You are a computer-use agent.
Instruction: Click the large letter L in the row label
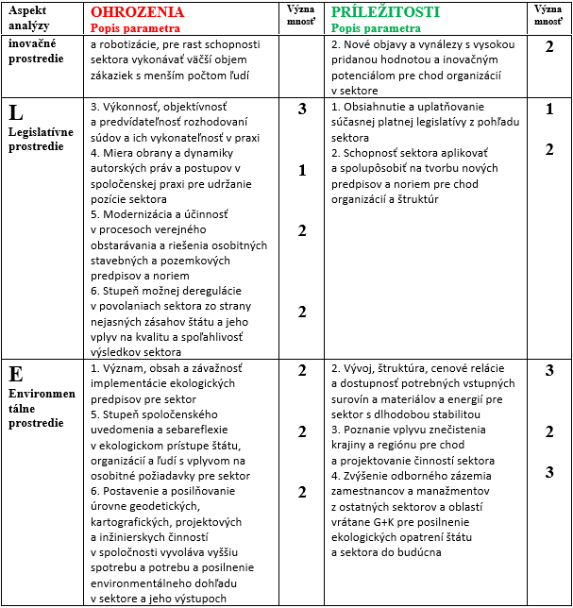16,113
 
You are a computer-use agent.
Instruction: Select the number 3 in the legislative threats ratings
302,110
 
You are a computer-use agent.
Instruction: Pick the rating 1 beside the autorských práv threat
302,170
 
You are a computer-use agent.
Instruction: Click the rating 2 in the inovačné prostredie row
548,46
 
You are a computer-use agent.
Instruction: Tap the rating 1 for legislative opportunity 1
548,110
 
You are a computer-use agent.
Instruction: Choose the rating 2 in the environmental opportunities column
548,431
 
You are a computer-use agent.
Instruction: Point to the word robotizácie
132,44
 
